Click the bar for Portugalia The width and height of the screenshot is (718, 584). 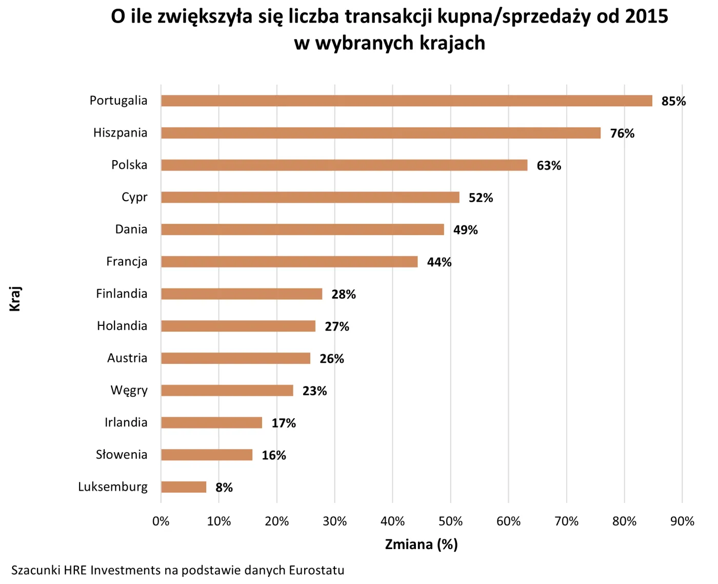pos(406,101)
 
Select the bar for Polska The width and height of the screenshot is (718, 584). pos(344,165)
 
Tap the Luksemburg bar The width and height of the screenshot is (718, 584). pos(184,487)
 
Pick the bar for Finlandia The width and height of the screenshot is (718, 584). pos(242,294)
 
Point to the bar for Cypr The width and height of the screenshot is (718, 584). pos(310,197)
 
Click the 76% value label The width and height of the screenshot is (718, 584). pos(622,133)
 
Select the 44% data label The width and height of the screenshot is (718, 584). pos(439,262)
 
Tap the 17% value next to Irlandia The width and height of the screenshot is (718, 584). pos(284,423)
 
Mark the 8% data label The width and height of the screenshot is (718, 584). pos(224,487)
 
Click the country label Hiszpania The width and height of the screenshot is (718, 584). pos(121,133)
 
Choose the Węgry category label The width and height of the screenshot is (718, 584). pos(129,391)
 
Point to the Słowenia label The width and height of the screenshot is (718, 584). pos(122,455)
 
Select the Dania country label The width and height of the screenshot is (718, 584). pos(131,229)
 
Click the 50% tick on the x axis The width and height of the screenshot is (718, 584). pos(450,521)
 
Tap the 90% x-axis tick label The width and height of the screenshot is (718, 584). pos(682,521)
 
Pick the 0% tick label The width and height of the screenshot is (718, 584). pos(161,521)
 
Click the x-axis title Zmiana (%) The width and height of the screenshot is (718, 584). pos(422,544)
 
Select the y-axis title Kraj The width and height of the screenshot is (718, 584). pos(15,299)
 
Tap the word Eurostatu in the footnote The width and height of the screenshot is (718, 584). pos(317,570)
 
